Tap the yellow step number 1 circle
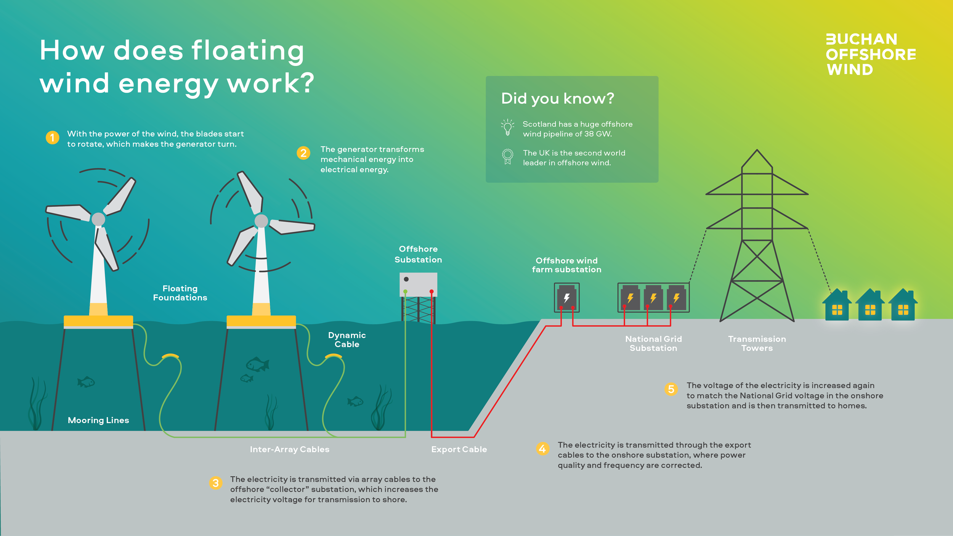53,138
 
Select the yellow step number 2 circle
303,153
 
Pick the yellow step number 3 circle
216,483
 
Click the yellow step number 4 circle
542,449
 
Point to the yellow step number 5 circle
671,389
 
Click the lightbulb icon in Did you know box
507,127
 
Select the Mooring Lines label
98,420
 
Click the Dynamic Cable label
347,340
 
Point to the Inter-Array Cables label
289,449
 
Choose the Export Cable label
459,449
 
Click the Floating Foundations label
180,293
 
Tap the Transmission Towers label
757,343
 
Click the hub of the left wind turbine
98,219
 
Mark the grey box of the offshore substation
418,284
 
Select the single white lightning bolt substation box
566,298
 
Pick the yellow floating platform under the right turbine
261,321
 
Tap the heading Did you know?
557,98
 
